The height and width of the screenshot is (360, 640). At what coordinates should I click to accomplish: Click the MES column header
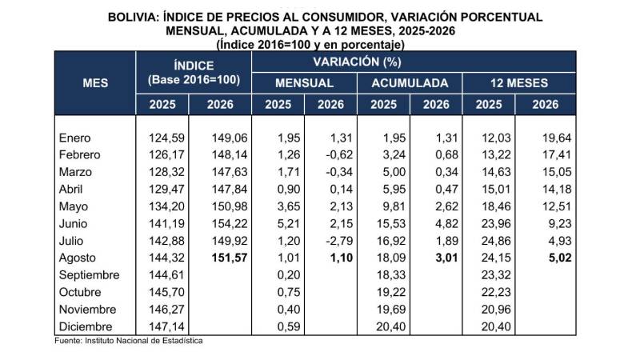tap(95, 83)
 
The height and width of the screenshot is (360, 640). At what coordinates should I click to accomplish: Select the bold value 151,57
tap(230, 258)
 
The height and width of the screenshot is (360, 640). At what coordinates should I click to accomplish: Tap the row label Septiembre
tap(89, 275)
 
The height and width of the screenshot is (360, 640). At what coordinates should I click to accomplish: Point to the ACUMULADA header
tap(410, 83)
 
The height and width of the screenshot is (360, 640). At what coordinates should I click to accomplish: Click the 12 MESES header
tap(518, 83)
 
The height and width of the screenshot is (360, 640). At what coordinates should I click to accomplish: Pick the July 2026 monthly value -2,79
tap(339, 241)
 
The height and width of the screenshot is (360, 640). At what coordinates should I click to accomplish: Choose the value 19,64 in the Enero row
tap(557, 138)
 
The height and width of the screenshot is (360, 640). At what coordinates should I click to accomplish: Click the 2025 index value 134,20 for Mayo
tap(166, 206)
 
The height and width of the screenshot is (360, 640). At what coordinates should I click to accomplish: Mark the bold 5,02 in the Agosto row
tap(560, 258)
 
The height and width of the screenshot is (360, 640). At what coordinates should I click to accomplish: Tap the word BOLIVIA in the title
tap(133, 17)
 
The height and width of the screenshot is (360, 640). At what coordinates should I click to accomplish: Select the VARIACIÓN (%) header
tap(357, 62)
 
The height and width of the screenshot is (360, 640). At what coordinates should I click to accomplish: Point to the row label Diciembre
tap(86, 326)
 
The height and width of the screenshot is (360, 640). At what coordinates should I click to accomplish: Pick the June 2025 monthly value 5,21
tap(289, 224)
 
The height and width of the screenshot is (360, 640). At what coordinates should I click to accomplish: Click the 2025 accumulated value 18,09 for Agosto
tap(391, 258)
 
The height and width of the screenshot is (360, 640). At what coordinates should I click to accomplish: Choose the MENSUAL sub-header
tap(304, 83)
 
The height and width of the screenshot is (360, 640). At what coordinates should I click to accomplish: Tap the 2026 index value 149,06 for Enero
tap(230, 138)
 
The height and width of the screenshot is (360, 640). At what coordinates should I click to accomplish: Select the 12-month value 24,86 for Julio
tap(496, 241)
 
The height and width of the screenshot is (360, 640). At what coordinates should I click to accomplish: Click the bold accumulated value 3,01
tap(447, 258)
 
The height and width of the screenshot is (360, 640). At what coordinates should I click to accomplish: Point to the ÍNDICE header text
tap(194, 66)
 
